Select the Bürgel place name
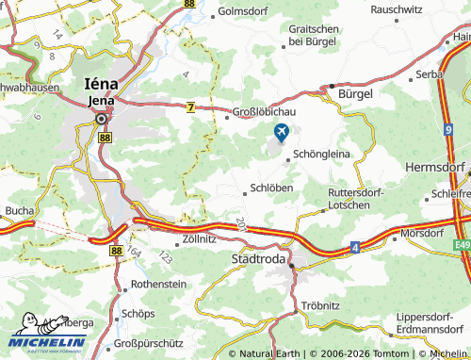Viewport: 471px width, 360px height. tap(355, 94)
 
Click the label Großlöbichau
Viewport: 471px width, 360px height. tap(266, 113)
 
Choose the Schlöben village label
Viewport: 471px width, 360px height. tap(272, 188)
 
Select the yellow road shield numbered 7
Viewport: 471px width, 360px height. tap(191, 108)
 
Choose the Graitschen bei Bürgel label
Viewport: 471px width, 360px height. tap(313, 36)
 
